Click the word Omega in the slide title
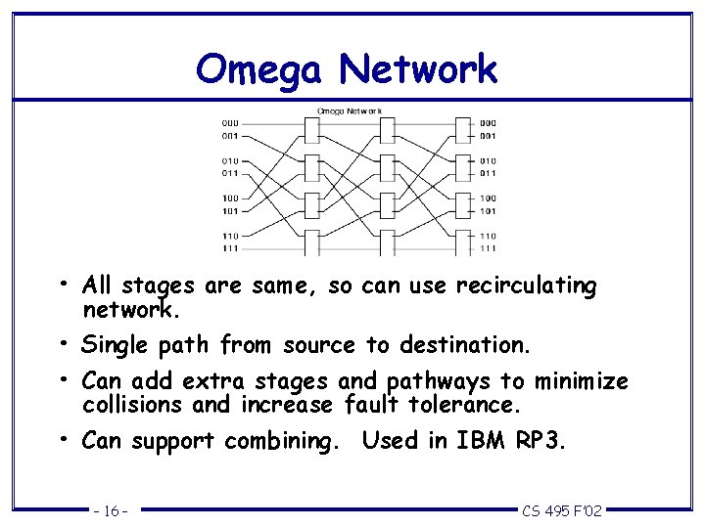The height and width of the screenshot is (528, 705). coord(259,70)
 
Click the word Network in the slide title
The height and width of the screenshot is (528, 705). coord(418,70)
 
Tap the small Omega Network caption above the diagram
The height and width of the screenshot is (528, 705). coord(349,110)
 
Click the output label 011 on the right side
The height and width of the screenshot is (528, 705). coord(488,173)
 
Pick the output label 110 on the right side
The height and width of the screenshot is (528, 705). coord(488,236)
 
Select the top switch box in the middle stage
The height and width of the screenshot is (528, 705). coord(387,129)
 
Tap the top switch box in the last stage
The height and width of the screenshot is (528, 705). coord(463,129)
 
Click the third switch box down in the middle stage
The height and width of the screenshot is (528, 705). coord(387,204)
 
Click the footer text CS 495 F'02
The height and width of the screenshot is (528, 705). coord(562,510)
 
